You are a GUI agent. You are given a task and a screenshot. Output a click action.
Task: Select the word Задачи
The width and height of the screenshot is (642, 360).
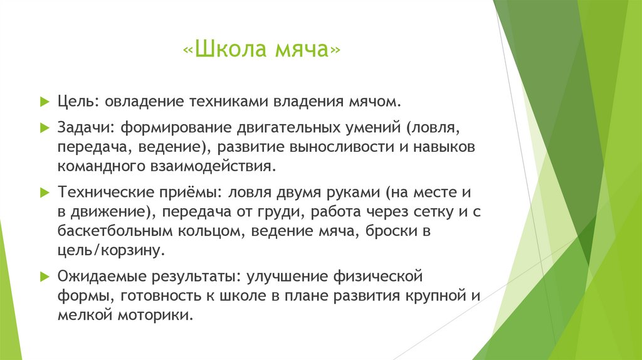click(83, 128)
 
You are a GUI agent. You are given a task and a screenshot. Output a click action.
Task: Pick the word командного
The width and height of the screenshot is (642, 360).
click(97, 167)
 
